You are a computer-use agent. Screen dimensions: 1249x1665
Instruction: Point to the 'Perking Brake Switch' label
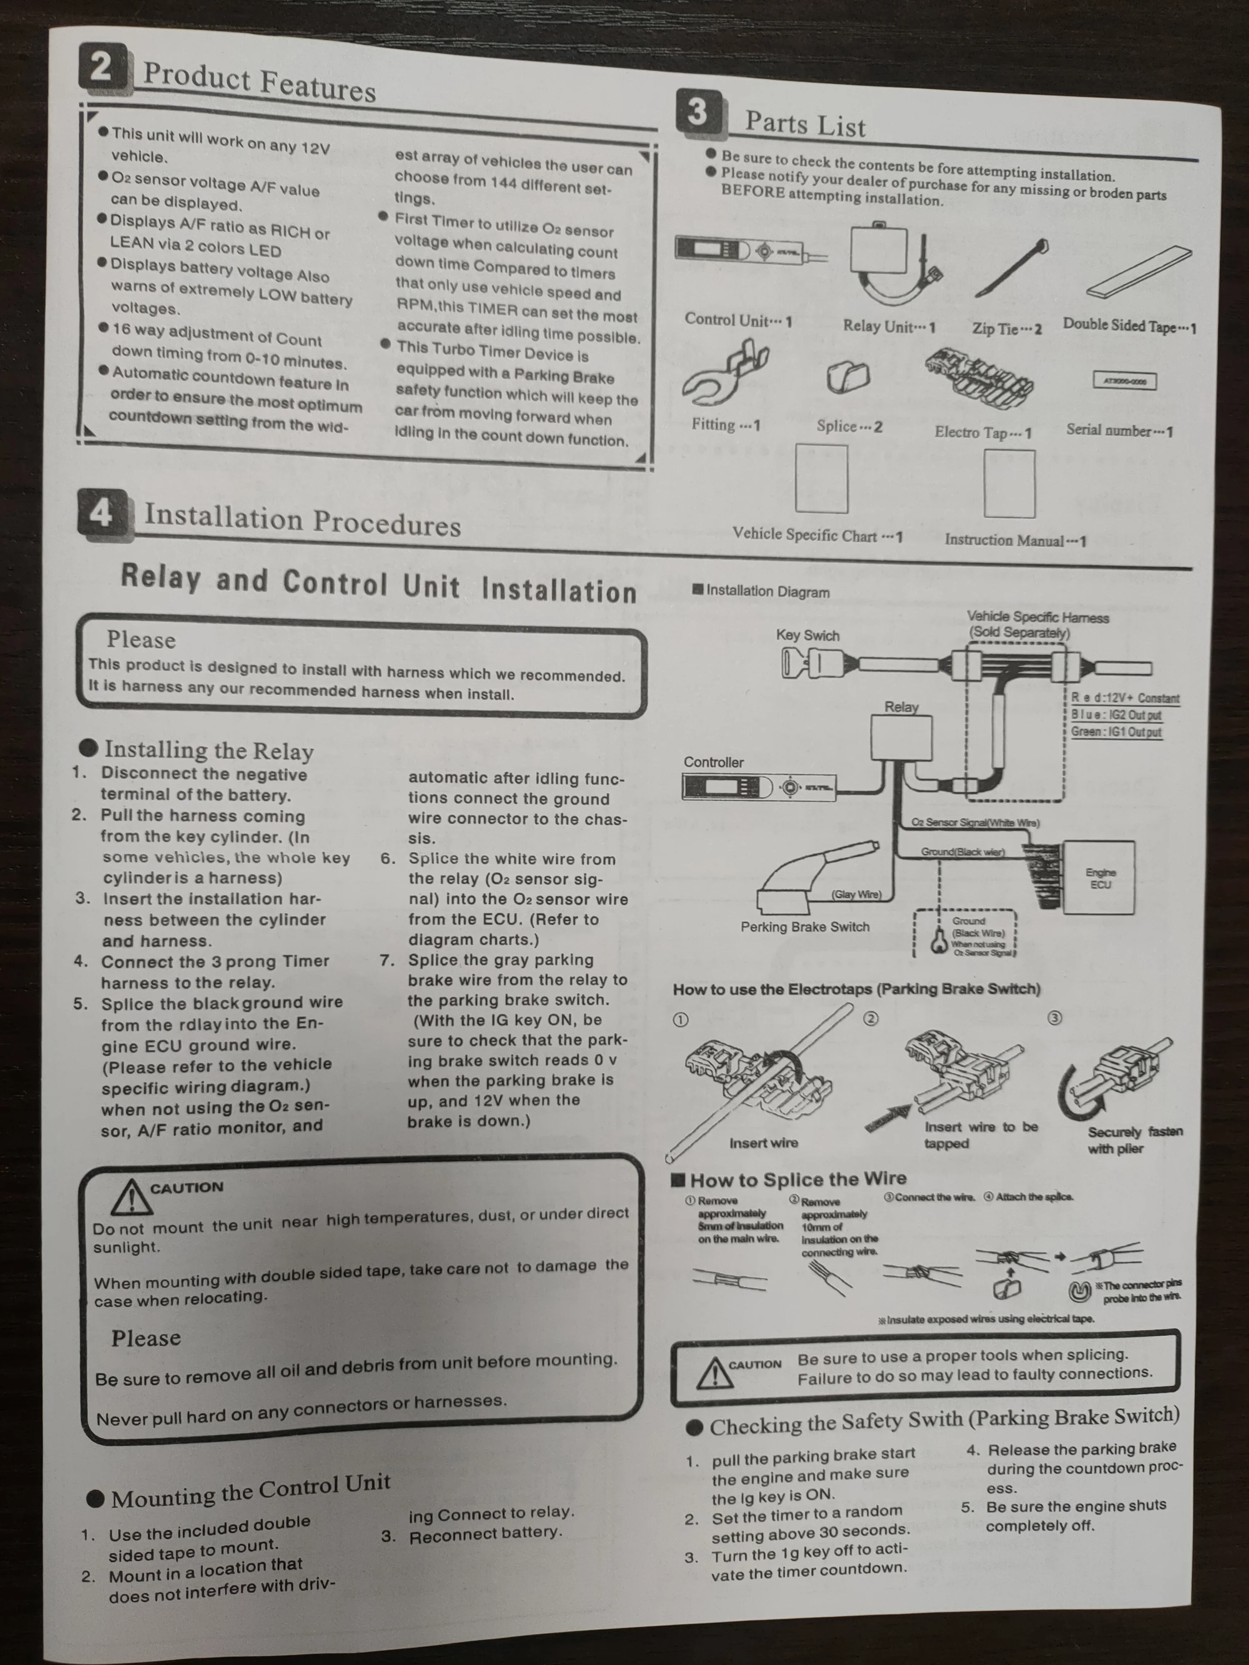click(805, 927)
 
